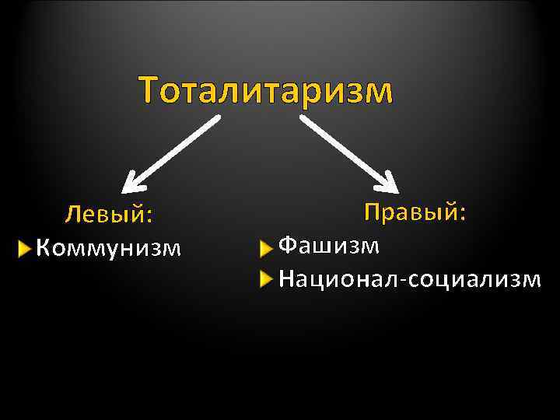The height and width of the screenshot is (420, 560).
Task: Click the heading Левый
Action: pos(109,213)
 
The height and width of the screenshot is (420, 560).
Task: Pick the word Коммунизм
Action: pos(108,248)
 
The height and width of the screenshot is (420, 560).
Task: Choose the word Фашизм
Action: pos(330,246)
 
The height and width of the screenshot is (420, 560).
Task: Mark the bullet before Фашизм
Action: pos(267,247)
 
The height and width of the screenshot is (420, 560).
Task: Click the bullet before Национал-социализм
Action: pos(267,278)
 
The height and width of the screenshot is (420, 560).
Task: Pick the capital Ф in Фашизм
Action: pos(288,246)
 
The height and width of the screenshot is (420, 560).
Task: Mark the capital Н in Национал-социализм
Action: pos(286,278)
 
